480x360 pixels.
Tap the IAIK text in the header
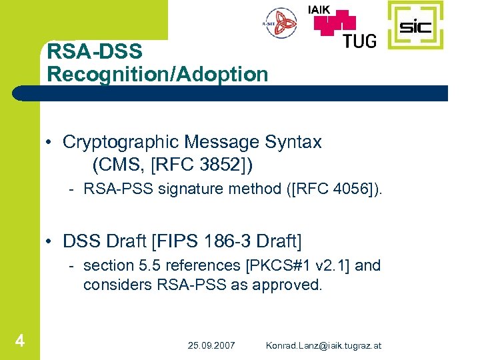(x=323, y=9)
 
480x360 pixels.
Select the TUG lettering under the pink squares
(x=359, y=40)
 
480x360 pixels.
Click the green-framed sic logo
(x=415, y=25)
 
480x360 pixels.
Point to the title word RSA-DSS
(x=95, y=51)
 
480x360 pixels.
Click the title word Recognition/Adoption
(x=157, y=73)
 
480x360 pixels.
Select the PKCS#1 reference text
(x=276, y=265)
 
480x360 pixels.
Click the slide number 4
(x=20, y=341)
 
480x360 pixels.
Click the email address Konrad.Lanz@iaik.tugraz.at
(x=324, y=345)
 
